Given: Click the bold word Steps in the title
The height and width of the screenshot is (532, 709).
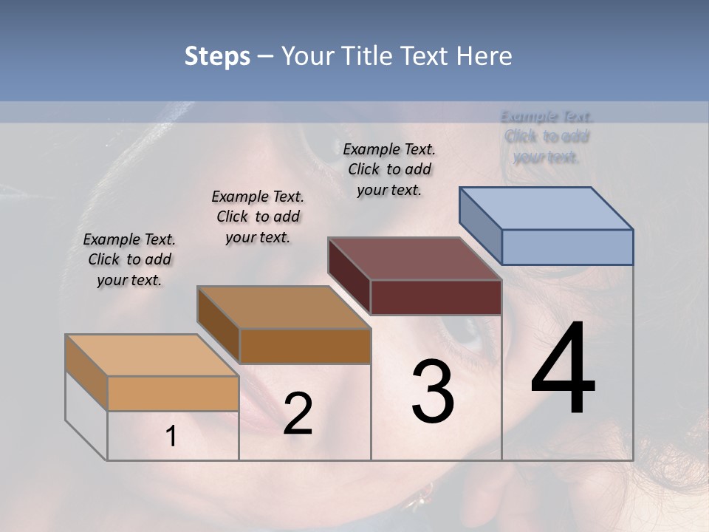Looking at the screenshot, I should click(x=217, y=56).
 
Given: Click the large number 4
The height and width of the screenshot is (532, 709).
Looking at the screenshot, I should click(x=563, y=369).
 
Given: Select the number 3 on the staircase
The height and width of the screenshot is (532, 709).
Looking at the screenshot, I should click(x=432, y=392).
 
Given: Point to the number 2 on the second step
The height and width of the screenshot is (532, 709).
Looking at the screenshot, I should click(x=298, y=414).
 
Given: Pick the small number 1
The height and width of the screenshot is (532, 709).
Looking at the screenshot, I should click(x=171, y=437).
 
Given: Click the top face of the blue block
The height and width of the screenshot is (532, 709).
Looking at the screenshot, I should click(x=547, y=208).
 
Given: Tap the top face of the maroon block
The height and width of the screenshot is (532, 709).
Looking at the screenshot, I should click(x=415, y=259).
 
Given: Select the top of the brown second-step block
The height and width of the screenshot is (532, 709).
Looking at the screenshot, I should click(x=284, y=307).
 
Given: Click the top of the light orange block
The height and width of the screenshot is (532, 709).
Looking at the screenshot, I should click(x=152, y=355).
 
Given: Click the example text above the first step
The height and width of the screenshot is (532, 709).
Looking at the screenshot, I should click(x=129, y=259).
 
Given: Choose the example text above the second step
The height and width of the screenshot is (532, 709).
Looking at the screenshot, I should click(x=258, y=216).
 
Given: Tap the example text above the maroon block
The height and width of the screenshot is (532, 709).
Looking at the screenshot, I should click(x=389, y=169).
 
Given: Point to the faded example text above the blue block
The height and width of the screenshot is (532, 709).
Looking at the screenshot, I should click(x=547, y=137).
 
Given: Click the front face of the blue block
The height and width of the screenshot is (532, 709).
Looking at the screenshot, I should click(x=567, y=247).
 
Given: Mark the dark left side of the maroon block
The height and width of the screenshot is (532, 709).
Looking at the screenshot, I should click(x=349, y=276).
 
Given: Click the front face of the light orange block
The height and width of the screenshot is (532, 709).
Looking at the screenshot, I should click(x=173, y=393).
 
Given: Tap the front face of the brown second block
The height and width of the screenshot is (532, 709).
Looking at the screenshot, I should click(x=305, y=346).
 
